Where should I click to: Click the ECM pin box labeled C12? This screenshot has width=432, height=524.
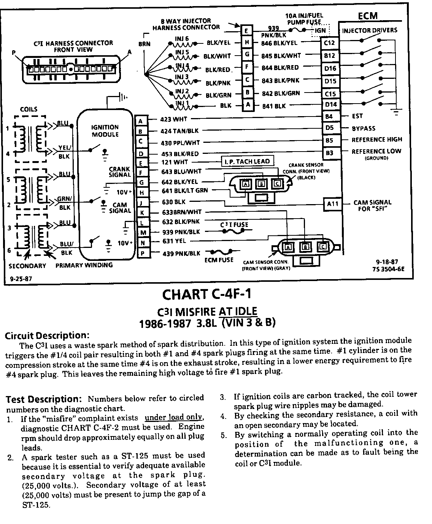(329, 43)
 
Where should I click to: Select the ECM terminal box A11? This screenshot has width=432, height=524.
(332, 204)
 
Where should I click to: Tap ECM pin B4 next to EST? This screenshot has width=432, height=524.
(329, 117)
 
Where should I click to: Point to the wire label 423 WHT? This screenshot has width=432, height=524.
(173, 119)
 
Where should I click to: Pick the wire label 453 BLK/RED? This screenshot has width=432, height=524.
(180, 154)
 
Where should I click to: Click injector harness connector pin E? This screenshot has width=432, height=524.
(247, 31)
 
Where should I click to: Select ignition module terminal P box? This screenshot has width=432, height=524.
(142, 253)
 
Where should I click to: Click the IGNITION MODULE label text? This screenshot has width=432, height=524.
(105, 131)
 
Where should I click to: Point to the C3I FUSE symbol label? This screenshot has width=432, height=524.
(234, 225)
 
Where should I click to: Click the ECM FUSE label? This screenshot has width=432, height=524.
(219, 260)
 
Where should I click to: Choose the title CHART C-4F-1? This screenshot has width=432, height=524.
(206, 294)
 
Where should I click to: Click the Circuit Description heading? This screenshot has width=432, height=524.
(47, 335)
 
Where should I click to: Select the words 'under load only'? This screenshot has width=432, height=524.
(174, 417)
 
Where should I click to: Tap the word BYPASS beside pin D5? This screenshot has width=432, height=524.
(364, 128)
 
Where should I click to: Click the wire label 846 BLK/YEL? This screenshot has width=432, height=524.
(279, 43)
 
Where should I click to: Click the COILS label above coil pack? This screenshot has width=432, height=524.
(29, 109)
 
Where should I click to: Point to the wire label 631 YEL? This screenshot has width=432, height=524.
(174, 241)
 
